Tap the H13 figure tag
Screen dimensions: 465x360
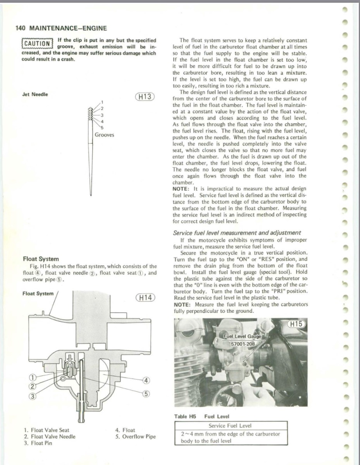pos(145,96)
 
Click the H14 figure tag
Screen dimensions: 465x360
pos(145,298)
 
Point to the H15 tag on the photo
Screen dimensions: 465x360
pos(297,324)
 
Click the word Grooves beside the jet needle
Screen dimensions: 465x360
pos(105,135)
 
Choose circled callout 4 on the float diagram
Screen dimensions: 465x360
pos(146,380)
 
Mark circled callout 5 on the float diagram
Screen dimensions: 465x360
pos(146,394)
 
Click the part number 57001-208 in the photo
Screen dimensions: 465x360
pos(243,344)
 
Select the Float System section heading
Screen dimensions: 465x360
pos(41,259)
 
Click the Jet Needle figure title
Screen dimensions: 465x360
pos(35,94)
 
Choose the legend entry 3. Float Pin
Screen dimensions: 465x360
pos(38,443)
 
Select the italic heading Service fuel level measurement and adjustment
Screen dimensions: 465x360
pos(236,232)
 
